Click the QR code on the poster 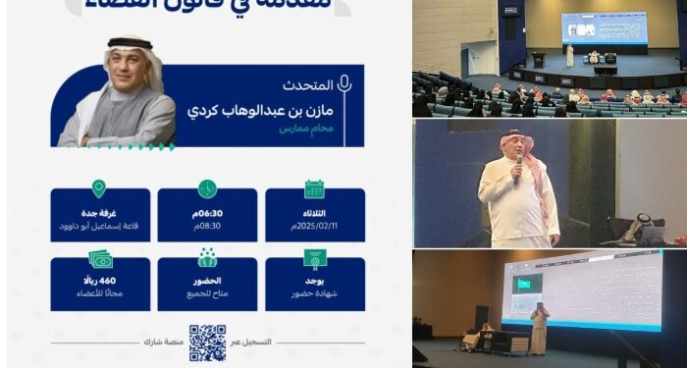[x=207, y=342]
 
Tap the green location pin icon [x=98, y=188]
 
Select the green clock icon [x=207, y=188]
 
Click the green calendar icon [x=314, y=188]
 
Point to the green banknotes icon [x=100, y=259]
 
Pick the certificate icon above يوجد [x=314, y=259]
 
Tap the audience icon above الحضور [x=207, y=258]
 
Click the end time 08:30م [x=207, y=225]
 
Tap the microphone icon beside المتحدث [x=344, y=83]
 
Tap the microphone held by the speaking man [x=518, y=169]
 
